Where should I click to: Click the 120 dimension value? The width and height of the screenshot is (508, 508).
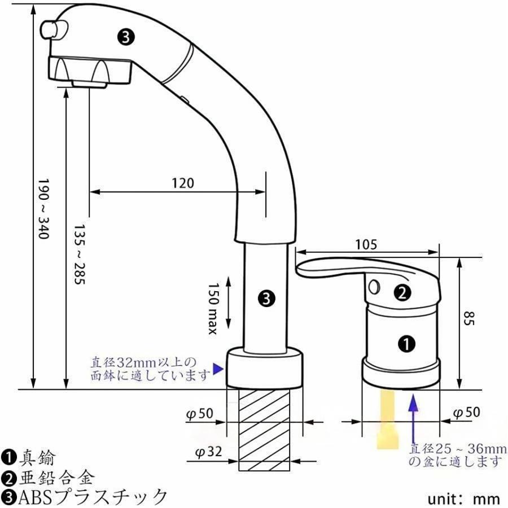183,183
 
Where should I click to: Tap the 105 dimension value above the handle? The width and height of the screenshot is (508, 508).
366,244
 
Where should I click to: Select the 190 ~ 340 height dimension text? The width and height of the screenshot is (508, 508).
43,209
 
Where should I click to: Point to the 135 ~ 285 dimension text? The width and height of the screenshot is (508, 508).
79,255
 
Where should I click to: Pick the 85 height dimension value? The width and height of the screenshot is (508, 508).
468,318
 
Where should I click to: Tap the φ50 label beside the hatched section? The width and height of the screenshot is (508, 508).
200,414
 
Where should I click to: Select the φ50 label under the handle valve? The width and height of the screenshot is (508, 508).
466,413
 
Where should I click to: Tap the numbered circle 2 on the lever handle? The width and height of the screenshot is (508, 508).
402,293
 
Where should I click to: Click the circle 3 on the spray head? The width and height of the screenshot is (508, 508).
126,37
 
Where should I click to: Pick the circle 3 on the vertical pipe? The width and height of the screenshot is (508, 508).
266,298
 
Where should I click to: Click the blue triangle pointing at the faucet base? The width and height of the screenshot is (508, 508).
218,369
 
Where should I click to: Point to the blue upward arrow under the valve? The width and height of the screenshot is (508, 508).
413,418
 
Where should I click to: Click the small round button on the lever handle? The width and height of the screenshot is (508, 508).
374,286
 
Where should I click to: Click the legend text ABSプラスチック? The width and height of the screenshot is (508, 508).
93,497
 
